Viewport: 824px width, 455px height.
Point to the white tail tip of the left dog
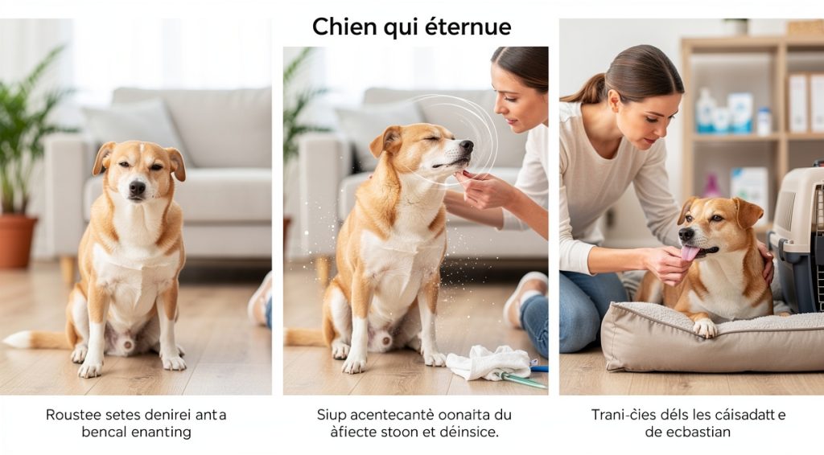[x=16, y=339]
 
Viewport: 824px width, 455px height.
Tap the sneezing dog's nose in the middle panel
[x=466, y=147]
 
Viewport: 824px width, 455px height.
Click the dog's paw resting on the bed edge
[x=705, y=327]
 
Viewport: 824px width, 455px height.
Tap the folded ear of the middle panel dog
[x=386, y=141]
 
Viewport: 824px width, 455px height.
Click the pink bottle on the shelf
[x=711, y=187]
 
